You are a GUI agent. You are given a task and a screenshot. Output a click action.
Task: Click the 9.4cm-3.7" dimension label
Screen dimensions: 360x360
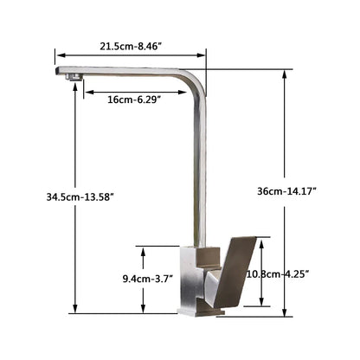150,279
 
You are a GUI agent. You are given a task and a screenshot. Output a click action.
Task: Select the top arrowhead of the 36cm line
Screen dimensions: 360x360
285,73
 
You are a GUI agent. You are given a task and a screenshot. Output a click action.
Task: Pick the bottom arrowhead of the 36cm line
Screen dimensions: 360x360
285,312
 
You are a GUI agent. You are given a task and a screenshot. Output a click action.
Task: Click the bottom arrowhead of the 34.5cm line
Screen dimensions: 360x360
75,312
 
